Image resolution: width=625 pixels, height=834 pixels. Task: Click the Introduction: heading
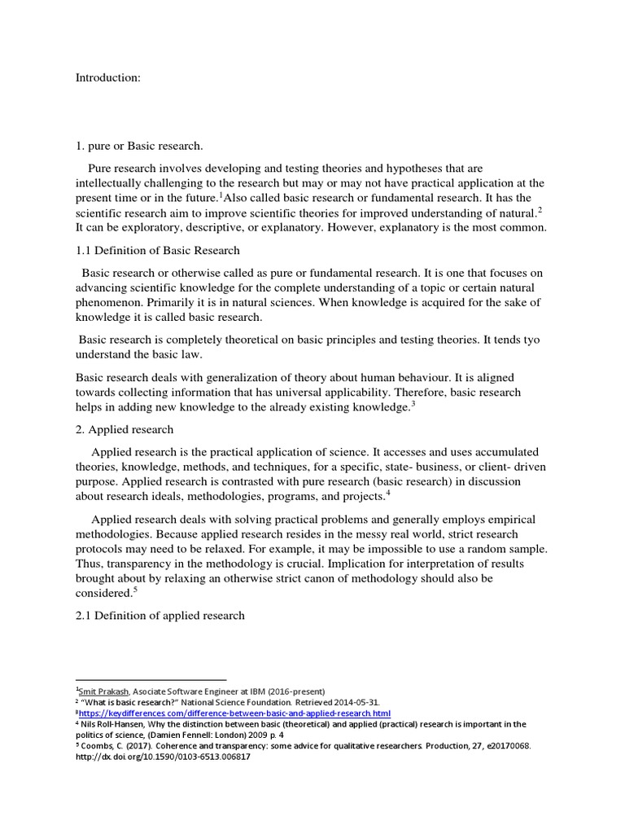(x=108, y=77)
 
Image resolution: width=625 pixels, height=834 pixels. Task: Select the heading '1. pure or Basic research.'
(x=139, y=146)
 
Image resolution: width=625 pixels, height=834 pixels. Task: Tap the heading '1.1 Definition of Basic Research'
(x=158, y=250)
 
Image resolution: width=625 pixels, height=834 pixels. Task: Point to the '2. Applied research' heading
(x=125, y=429)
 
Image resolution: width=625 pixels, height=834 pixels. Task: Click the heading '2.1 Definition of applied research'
(x=160, y=615)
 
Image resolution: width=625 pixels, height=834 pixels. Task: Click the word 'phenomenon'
(x=109, y=302)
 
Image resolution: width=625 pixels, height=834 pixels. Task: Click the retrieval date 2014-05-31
(x=353, y=701)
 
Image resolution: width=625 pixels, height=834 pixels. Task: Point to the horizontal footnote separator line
(x=151, y=679)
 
